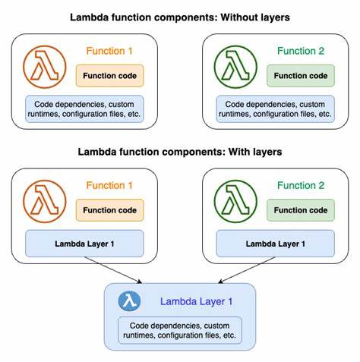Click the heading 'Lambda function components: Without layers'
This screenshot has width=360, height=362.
click(180, 16)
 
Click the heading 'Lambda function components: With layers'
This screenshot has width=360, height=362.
click(180, 152)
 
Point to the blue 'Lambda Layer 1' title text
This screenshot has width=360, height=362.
click(196, 301)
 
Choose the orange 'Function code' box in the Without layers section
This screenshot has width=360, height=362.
click(110, 75)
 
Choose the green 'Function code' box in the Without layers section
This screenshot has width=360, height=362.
click(301, 75)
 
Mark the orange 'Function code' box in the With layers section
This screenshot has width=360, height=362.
click(110, 210)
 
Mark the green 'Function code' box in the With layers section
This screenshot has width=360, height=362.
click(301, 210)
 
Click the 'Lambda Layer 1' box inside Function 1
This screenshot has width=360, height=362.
click(84, 244)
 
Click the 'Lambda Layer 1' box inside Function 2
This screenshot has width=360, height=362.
click(275, 244)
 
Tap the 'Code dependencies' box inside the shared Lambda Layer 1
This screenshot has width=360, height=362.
click(180, 330)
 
